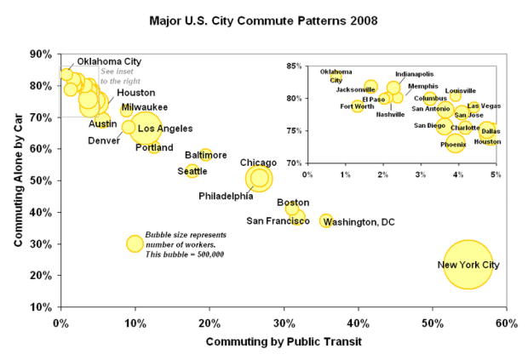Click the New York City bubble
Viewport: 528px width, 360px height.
(x=467, y=264)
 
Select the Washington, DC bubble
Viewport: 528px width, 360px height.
(x=326, y=221)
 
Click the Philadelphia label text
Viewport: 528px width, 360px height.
(x=226, y=196)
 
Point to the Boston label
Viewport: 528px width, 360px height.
(x=287, y=203)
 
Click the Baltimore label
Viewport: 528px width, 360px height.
(x=207, y=155)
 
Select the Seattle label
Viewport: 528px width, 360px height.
(x=192, y=171)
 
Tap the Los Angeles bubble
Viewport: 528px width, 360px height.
(x=145, y=129)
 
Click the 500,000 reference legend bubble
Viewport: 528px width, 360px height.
(x=135, y=243)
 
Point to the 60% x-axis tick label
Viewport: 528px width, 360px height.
(x=506, y=323)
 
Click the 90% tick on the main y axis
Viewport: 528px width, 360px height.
(x=40, y=54)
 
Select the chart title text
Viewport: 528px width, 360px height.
(x=265, y=18)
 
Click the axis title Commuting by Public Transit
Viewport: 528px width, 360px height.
(x=283, y=342)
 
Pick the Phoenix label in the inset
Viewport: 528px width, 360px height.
(x=453, y=145)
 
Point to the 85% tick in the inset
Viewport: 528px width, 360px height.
(x=296, y=66)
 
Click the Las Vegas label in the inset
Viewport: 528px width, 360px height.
(x=484, y=106)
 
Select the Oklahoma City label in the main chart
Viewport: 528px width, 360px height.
(x=109, y=61)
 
